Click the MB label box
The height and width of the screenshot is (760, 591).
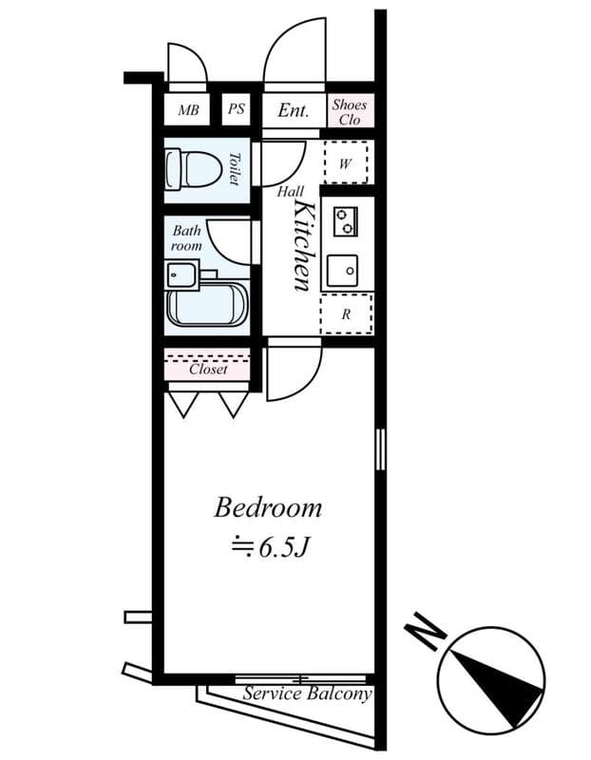click(188, 110)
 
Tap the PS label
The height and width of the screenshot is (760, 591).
click(237, 109)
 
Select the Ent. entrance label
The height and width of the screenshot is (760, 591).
click(294, 110)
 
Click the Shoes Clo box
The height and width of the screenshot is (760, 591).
click(350, 111)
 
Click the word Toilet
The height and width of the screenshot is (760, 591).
click(234, 169)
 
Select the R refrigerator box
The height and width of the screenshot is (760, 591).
click(346, 313)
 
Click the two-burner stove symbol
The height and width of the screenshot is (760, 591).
click(345, 221)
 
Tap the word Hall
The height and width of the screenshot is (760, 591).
click(290, 192)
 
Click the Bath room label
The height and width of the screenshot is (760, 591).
click(186, 238)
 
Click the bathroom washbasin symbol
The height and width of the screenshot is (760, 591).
click(181, 275)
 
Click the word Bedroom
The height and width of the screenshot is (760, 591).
click(268, 508)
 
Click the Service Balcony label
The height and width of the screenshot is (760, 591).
click(306, 694)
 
